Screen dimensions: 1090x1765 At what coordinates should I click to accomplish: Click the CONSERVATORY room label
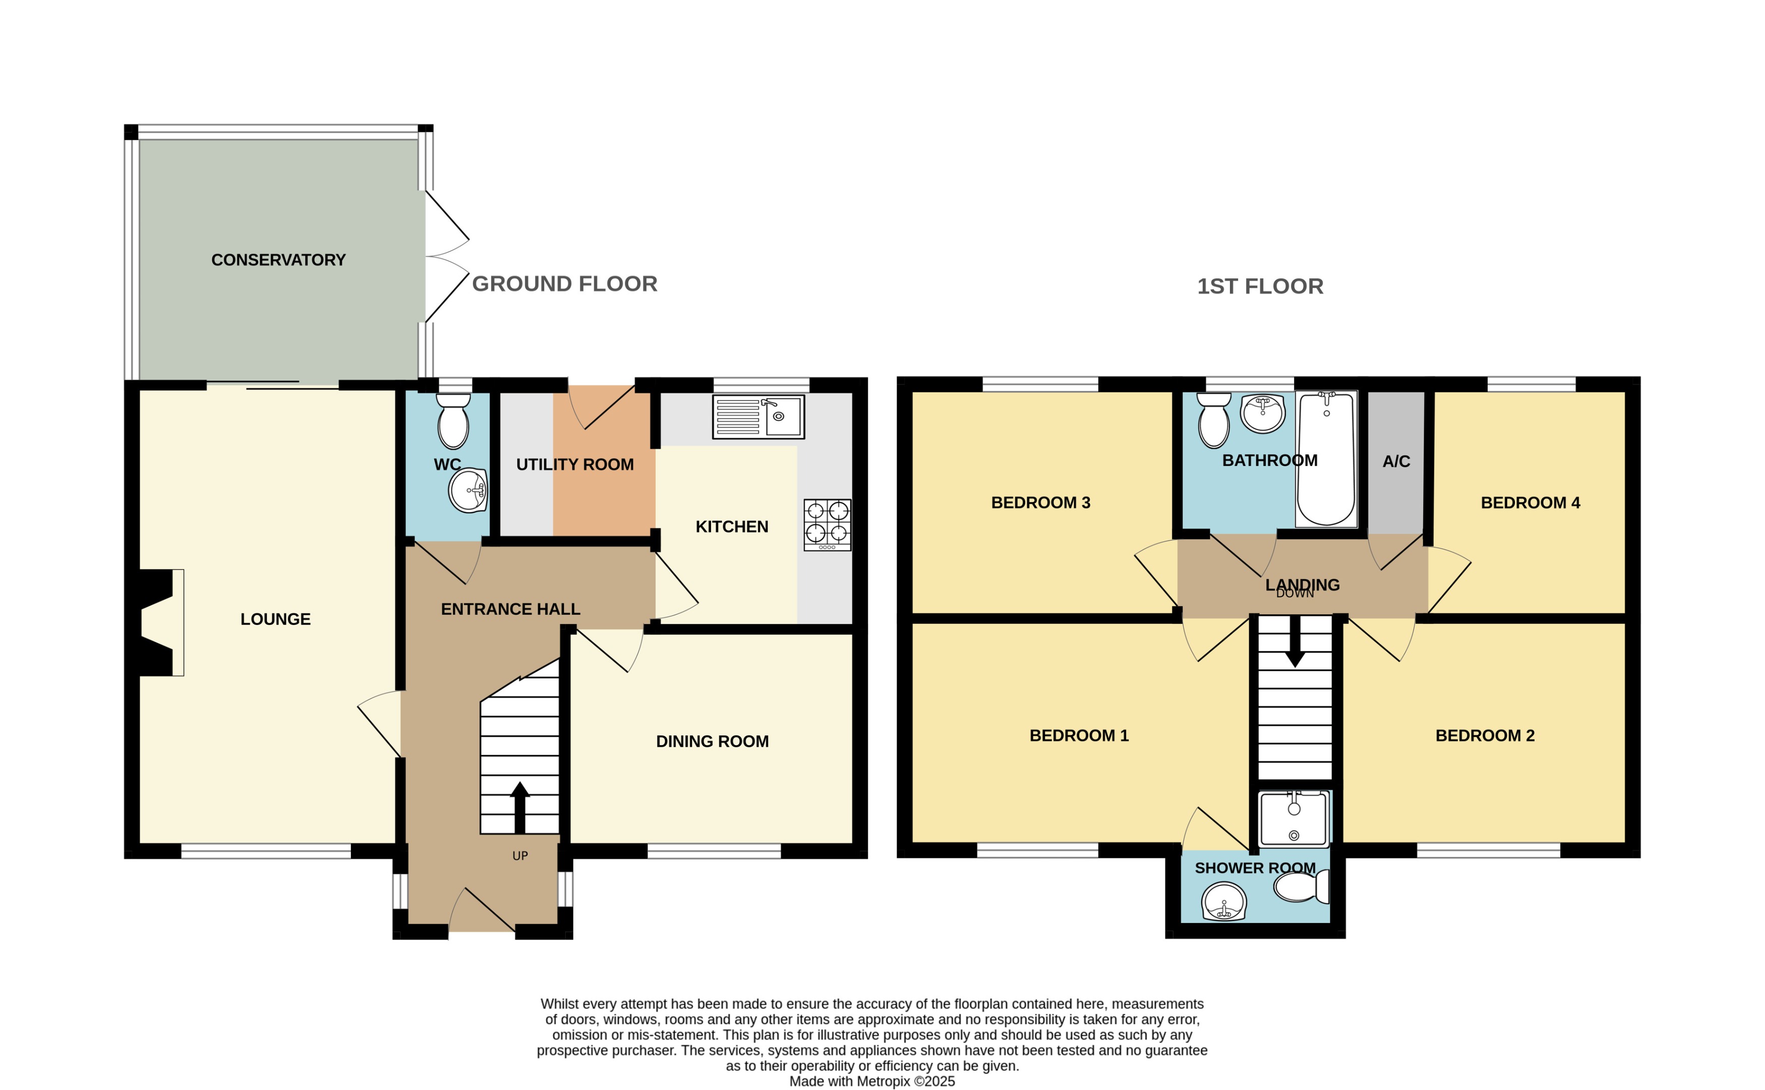tap(278, 260)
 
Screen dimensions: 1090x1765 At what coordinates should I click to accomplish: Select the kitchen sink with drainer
tap(757, 417)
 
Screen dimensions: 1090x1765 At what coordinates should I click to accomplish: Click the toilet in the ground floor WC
tap(453, 422)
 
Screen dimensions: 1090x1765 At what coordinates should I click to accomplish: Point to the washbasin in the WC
tap(468, 491)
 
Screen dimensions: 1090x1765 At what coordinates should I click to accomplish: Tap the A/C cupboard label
tap(1395, 462)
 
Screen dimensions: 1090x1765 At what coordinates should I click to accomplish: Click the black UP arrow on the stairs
tap(519, 807)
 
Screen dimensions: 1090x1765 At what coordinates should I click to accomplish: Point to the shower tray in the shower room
tap(1293, 819)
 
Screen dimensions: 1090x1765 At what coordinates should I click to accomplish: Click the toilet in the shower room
tap(1302, 887)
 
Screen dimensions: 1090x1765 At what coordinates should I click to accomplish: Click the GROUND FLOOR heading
tap(564, 284)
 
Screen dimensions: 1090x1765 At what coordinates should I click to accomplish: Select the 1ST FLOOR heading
tap(1259, 286)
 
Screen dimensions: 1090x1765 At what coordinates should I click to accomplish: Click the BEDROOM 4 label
tap(1529, 503)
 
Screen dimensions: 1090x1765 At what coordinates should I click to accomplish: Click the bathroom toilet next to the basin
tap(1214, 422)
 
